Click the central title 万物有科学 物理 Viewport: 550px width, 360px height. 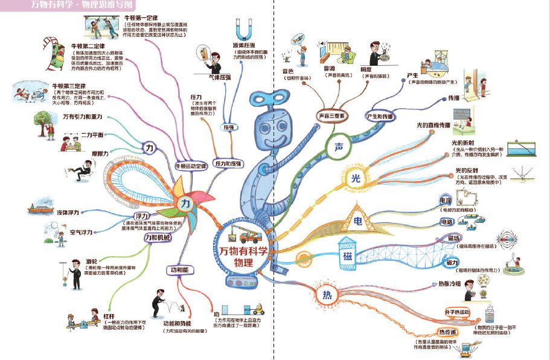tap(243, 257)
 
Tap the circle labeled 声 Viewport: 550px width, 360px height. tap(337, 147)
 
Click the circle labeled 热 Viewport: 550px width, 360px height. tap(327, 295)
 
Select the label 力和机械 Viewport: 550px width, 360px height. tap(158, 238)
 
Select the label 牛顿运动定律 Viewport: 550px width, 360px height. tap(191, 165)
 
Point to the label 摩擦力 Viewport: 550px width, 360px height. tap(100, 153)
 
